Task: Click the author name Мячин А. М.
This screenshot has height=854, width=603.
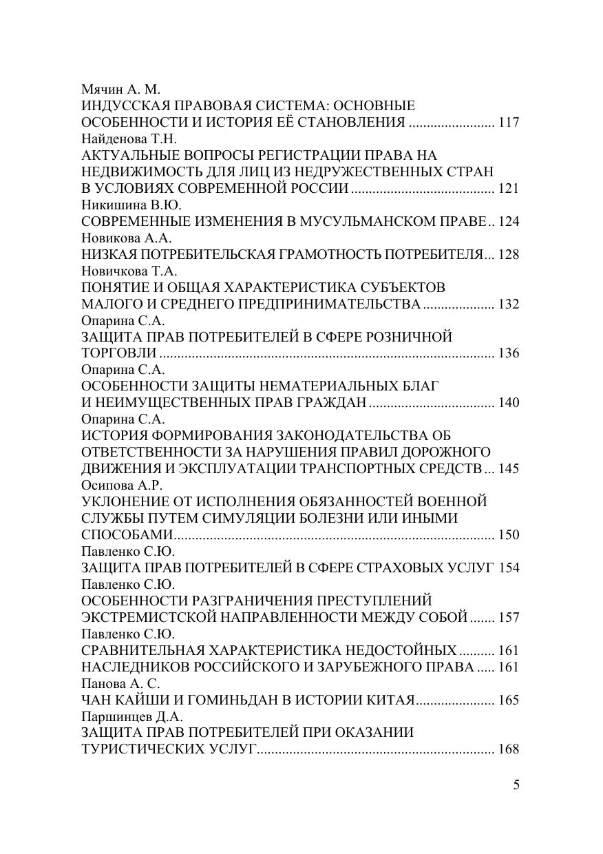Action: click(x=120, y=90)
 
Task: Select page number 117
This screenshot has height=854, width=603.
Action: click(x=508, y=123)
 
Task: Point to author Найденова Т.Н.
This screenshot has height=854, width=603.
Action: click(x=129, y=139)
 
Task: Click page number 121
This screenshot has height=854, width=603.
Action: click(x=508, y=189)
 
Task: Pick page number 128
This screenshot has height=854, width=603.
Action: click(x=508, y=255)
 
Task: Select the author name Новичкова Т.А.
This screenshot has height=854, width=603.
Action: click(x=129, y=271)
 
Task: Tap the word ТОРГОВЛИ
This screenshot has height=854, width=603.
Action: click(x=118, y=353)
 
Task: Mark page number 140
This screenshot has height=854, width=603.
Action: click(x=508, y=403)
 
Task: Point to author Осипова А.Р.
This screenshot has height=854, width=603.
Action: click(x=121, y=485)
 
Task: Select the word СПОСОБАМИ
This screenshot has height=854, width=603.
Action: click(x=127, y=535)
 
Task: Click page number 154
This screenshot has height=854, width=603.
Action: click(x=508, y=568)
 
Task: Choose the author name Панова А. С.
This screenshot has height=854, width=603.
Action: click(x=120, y=683)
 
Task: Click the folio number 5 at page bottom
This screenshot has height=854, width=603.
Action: click(x=516, y=784)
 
